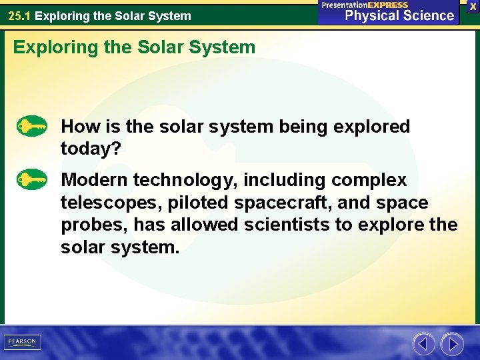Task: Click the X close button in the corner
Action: pos(473,6)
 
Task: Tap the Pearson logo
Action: pos(22,341)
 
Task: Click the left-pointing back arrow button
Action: pos(423,344)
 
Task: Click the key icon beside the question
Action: pos(32,126)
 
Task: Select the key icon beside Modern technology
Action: pos(32,179)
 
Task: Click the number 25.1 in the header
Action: pos(19,15)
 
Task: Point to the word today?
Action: pos(91,149)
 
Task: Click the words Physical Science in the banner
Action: pos(399,15)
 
